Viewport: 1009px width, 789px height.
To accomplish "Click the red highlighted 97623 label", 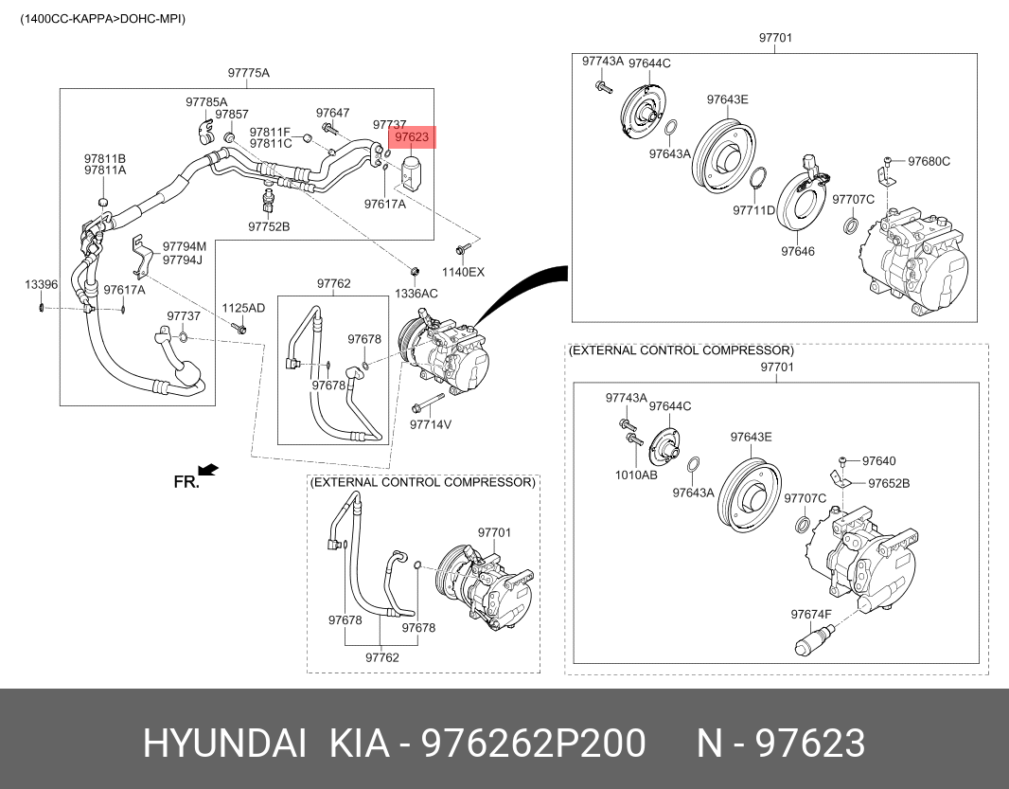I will tap(412, 138).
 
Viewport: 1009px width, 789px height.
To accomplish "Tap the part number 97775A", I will tap(248, 73).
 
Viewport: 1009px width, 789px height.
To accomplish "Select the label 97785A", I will tap(206, 101).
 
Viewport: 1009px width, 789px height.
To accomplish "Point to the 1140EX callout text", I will tap(464, 272).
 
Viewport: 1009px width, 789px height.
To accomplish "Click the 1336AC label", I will tap(416, 294).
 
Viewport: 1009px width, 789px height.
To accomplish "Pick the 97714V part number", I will tap(430, 424).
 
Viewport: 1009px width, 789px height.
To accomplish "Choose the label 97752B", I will tap(269, 226).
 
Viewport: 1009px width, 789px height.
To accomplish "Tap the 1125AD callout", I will tap(243, 309).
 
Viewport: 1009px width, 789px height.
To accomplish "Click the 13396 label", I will tap(41, 284).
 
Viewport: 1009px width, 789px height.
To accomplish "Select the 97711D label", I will tap(753, 210).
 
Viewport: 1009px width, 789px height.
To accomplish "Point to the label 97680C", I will tap(929, 161).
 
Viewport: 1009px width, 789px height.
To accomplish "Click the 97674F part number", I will tap(811, 614).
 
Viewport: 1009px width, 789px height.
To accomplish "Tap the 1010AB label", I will tap(635, 475).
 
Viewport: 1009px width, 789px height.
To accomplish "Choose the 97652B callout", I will tap(889, 483).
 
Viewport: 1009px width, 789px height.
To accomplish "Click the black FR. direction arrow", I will tap(208, 469).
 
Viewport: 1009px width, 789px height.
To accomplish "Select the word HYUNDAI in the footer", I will tap(223, 744).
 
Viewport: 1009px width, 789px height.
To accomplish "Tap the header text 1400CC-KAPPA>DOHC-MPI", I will tap(103, 18).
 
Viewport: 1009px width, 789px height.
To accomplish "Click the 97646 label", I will tap(797, 251).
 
